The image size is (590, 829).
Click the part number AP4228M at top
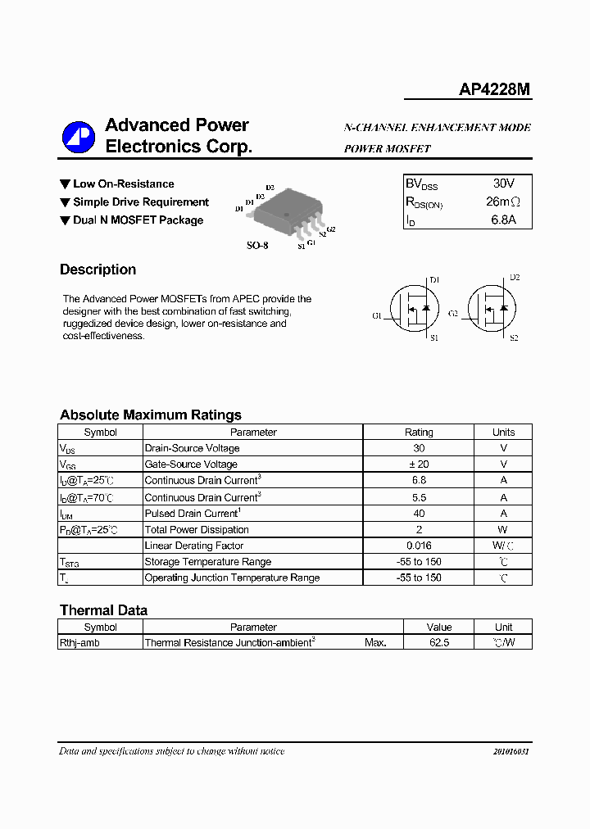point(495,89)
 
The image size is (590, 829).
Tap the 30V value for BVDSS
point(503,184)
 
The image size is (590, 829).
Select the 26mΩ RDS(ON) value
point(503,202)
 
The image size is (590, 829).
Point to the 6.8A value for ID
point(503,220)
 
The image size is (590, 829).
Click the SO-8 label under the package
point(257,245)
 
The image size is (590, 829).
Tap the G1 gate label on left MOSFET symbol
point(376,315)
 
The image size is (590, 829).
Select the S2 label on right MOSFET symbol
point(514,337)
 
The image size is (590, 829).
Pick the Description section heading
point(98,270)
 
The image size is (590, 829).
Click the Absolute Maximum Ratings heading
point(150,414)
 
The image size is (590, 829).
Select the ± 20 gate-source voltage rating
point(419,464)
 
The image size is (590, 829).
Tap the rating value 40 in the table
point(419,513)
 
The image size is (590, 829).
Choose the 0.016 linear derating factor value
point(419,546)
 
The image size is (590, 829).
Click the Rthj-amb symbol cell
point(80,643)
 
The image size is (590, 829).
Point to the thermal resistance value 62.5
point(439,643)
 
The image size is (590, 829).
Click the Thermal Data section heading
point(103,610)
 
